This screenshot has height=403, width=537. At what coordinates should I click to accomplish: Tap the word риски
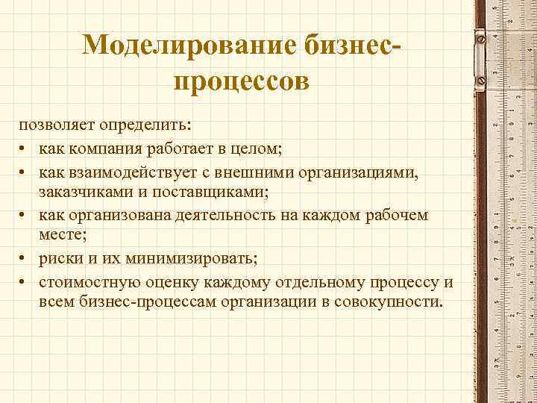[x=61, y=259]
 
